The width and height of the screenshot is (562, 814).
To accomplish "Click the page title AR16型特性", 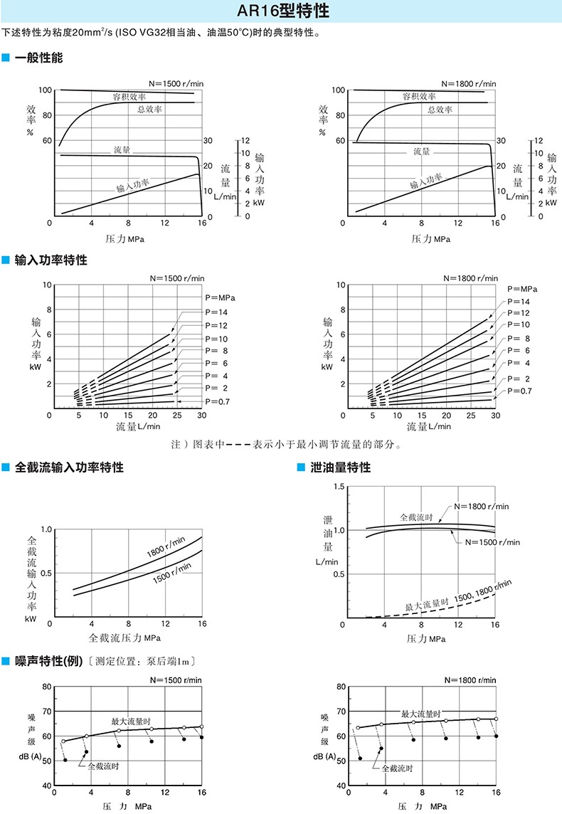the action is (283, 11).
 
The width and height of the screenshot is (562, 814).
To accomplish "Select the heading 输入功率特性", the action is (51, 260).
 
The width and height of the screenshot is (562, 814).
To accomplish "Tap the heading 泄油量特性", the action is (341, 467).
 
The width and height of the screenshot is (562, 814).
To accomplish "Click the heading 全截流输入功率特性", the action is (69, 467).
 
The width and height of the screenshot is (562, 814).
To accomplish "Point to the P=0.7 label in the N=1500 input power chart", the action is (217, 401).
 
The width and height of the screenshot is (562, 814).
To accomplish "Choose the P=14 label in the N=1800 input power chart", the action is (519, 302).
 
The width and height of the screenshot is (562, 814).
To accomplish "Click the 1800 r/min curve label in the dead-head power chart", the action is (166, 547).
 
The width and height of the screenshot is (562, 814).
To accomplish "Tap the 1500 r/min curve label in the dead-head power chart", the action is (171, 573).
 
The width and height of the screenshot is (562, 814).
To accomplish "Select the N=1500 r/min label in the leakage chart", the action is (492, 542).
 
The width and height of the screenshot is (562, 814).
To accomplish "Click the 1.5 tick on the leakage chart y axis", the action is (339, 487).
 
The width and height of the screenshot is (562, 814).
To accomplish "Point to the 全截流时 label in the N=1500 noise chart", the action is (103, 766).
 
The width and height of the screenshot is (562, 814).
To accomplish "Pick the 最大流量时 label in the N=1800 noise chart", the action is (421, 714).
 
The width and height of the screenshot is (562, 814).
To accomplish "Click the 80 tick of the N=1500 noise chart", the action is (47, 687).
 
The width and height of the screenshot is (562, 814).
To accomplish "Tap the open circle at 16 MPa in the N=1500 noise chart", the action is (201, 726).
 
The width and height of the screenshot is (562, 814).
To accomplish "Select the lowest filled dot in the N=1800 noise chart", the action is (360, 758).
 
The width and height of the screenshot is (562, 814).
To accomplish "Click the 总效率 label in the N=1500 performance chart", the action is (149, 109).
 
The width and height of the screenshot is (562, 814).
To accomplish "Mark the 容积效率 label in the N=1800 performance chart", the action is (419, 96).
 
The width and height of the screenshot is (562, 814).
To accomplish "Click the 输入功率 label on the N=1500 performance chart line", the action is (133, 185).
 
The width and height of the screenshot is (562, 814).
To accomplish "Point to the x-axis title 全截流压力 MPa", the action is (124, 638).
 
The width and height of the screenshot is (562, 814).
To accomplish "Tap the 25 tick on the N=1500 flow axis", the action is (177, 416).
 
